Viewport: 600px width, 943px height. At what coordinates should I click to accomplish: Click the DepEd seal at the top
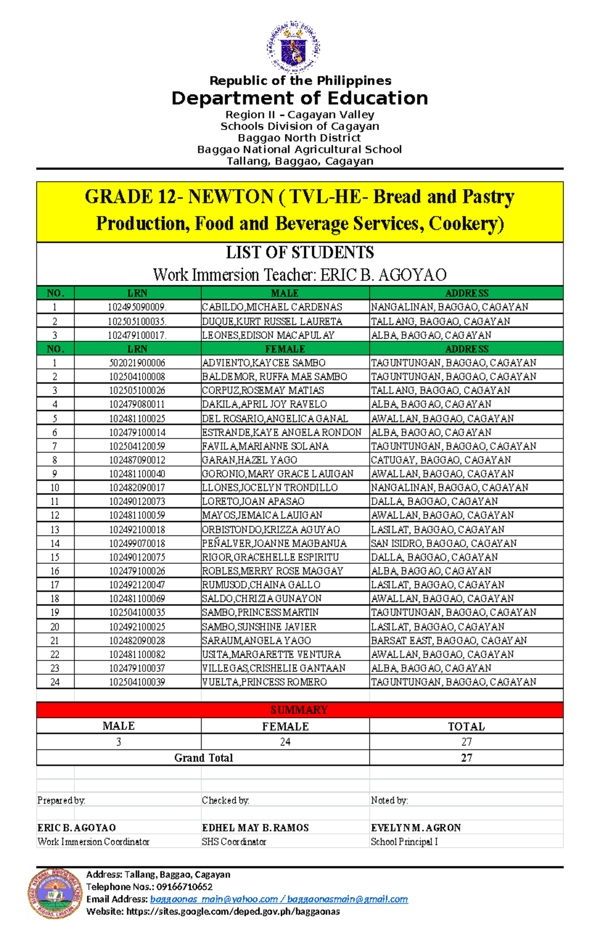click(x=293, y=47)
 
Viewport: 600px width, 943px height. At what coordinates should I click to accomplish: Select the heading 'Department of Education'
click(x=299, y=98)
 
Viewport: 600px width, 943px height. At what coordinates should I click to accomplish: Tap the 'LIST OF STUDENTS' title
click(x=299, y=252)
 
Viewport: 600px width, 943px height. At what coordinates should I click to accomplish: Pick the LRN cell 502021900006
click(x=137, y=363)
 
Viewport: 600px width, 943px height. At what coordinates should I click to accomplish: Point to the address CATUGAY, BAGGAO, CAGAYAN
click(x=440, y=460)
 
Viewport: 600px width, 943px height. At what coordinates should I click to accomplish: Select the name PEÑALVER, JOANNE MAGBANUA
click(x=274, y=543)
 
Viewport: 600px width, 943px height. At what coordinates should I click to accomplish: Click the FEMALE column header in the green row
click(x=285, y=349)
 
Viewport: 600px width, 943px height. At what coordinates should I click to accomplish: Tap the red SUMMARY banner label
click(x=299, y=710)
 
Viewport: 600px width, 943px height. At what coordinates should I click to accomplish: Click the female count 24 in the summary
click(x=285, y=742)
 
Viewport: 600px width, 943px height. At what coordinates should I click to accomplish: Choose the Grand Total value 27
click(x=466, y=758)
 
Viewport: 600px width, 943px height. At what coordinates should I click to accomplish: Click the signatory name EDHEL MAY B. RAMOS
click(x=255, y=828)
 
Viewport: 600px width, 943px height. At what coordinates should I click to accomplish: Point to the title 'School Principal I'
click(x=404, y=842)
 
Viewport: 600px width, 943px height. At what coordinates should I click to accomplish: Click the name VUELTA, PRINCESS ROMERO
click(x=264, y=682)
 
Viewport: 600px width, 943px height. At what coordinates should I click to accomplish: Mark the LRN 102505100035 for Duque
click(x=137, y=321)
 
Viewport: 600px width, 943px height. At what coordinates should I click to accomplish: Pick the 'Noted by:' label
click(x=389, y=800)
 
